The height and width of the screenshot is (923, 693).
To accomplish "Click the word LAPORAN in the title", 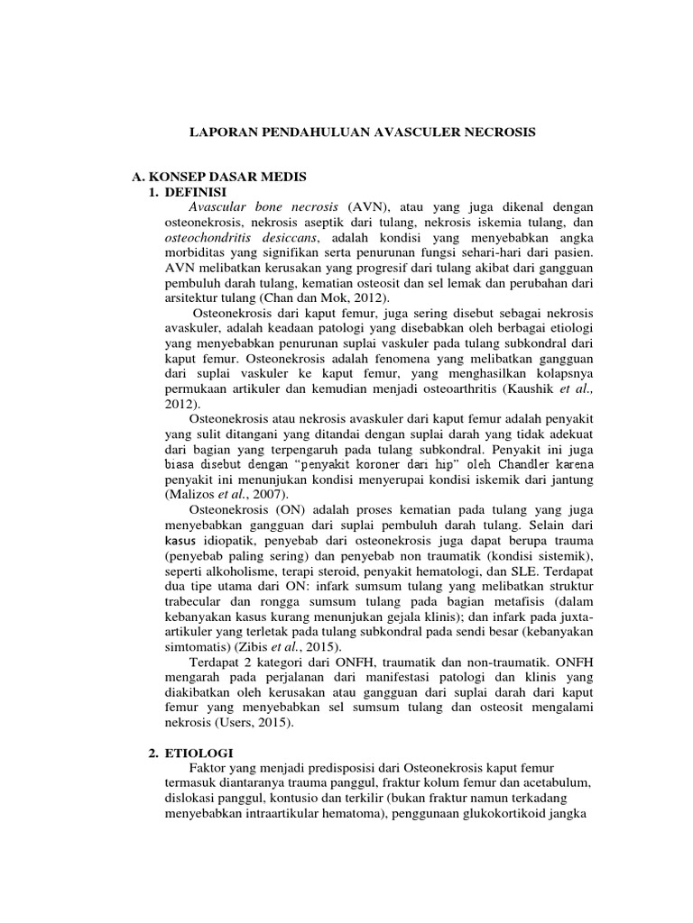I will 223,132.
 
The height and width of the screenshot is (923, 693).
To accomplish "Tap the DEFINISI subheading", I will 198,192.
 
